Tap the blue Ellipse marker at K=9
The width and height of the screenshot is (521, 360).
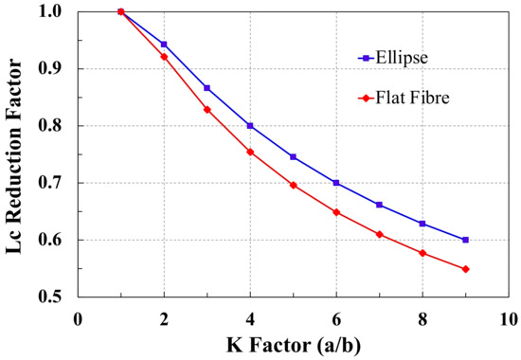(465, 240)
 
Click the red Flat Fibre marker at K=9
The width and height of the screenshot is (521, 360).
(465, 269)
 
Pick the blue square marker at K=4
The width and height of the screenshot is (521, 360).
(250, 126)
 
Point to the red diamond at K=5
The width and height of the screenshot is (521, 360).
(294, 185)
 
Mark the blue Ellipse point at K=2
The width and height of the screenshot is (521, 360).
(164, 45)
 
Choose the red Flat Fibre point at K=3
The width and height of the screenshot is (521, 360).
(207, 110)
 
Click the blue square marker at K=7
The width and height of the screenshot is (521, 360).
(379, 205)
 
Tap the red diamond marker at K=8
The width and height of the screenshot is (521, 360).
(422, 253)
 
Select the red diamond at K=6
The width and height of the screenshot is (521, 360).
(336, 212)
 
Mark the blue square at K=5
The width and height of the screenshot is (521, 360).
(294, 157)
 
